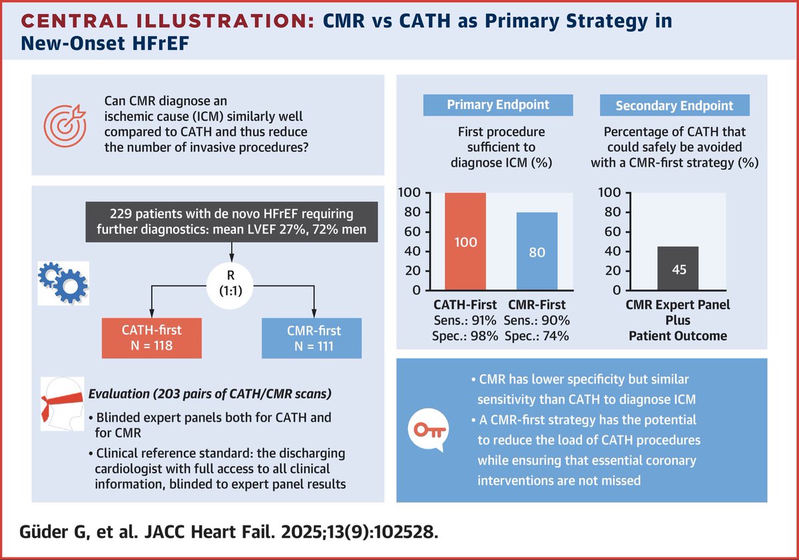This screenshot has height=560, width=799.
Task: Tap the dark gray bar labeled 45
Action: pyautogui.click(x=678, y=269)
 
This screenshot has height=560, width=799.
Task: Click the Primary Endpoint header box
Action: pyautogui.click(x=489, y=105)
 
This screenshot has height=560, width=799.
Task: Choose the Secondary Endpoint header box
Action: pyautogui.click(x=674, y=105)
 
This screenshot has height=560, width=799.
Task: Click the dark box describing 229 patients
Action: pyautogui.click(x=231, y=224)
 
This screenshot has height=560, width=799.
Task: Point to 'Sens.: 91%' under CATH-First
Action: pyautogui.click(x=465, y=321)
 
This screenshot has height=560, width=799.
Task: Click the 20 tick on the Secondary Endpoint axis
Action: pyautogui.click(x=613, y=271)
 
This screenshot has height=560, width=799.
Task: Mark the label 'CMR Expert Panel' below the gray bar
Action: pyautogui.click(x=678, y=305)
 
